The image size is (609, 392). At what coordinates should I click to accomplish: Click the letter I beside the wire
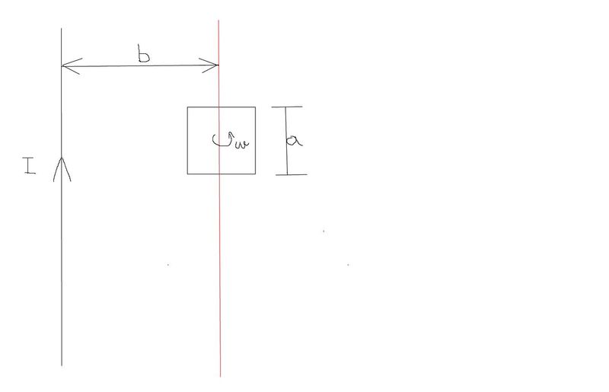29,167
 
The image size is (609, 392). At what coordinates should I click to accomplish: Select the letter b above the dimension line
142,54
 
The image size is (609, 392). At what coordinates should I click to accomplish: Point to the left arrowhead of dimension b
67,67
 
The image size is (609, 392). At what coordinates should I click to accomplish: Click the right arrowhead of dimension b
214,67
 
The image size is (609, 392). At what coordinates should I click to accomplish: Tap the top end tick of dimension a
288,107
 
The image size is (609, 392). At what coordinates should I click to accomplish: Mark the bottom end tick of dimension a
290,174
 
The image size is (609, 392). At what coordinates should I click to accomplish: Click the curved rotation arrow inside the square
224,140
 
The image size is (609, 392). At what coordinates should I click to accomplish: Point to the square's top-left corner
188,107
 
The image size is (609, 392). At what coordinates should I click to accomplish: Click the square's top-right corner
255,107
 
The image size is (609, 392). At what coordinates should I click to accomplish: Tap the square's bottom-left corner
188,174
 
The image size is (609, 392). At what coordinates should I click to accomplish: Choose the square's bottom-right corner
255,174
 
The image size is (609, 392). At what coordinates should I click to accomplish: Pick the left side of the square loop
188,141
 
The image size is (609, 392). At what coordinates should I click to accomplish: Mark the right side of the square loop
255,141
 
